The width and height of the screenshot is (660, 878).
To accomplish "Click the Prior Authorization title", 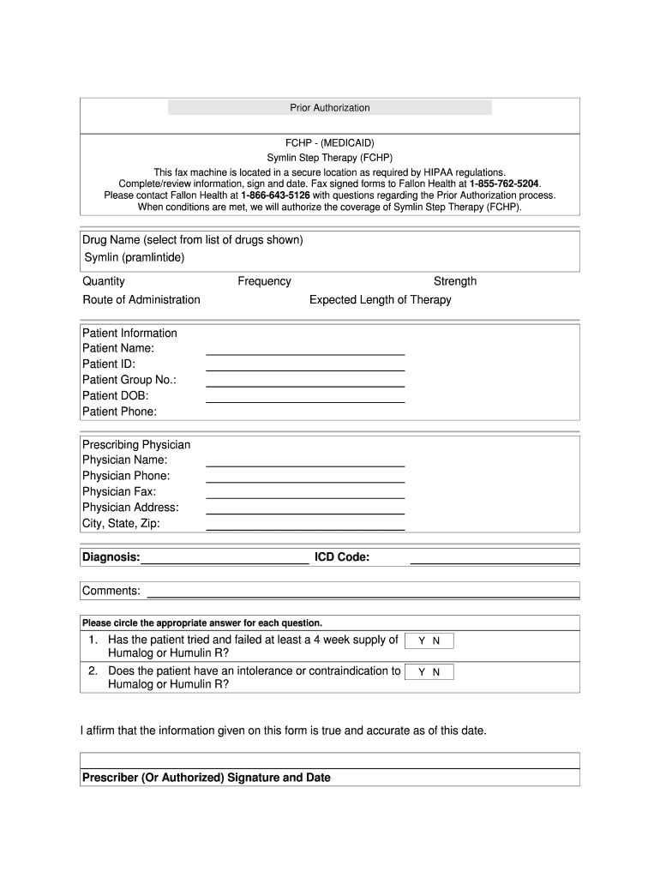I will pyautogui.click(x=330, y=108).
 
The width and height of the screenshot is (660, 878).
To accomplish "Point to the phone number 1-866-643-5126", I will pyautogui.click(x=263, y=195).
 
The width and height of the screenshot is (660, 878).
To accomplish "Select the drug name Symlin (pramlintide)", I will pyautogui.click(x=135, y=257).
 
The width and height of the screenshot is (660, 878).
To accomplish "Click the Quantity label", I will pyautogui.click(x=104, y=281).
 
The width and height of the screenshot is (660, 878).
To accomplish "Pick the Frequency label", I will pyautogui.click(x=264, y=281).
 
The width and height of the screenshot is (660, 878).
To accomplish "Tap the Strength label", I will pyautogui.click(x=455, y=281).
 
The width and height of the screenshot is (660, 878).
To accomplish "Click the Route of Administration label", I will pyautogui.click(x=141, y=300).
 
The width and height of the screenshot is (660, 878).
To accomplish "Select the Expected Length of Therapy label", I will pyautogui.click(x=380, y=300).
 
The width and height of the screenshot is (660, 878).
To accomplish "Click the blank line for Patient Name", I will pyautogui.click(x=305, y=351).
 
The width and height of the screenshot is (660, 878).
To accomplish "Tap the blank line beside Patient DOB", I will pyautogui.click(x=305, y=399).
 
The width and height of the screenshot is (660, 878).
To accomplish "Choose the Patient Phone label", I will pyautogui.click(x=120, y=412).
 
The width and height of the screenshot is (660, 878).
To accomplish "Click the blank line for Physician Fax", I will pyautogui.click(x=305, y=494).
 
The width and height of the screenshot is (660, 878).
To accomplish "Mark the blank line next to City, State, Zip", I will pyautogui.click(x=305, y=526).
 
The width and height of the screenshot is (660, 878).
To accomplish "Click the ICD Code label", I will pyautogui.click(x=342, y=558).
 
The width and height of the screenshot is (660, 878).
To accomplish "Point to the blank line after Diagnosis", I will pyautogui.click(x=225, y=561).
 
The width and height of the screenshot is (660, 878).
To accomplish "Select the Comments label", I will pyautogui.click(x=111, y=591).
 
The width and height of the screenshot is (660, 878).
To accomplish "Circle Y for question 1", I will pyautogui.click(x=422, y=641).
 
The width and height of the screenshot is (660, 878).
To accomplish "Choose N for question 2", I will pyautogui.click(x=436, y=673).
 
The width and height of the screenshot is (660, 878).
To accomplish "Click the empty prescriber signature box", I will pyautogui.click(x=330, y=761).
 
